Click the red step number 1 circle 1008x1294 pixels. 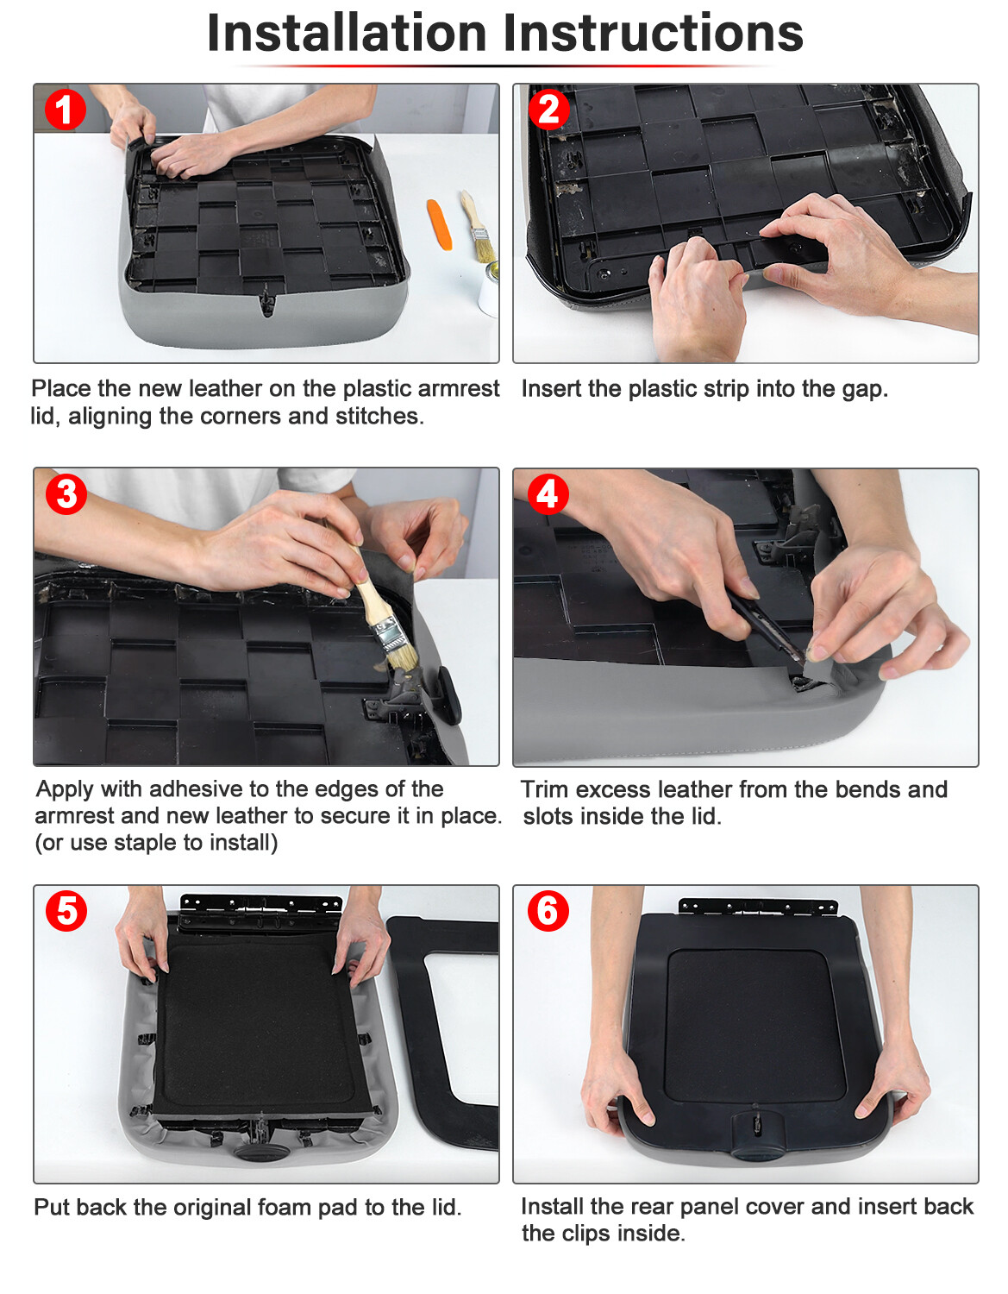click(x=65, y=110)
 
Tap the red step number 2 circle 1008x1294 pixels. click(x=548, y=110)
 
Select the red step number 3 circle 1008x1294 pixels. click(x=66, y=494)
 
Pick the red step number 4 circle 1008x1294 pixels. click(x=548, y=494)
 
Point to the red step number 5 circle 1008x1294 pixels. click(x=66, y=911)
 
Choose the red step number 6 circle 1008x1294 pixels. click(x=548, y=911)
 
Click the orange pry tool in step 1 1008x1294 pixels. click(x=439, y=224)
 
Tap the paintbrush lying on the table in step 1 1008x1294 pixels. click(x=477, y=227)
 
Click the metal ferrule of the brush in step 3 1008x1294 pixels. click(x=389, y=633)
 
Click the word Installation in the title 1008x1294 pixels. click(x=347, y=34)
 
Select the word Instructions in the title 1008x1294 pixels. click(x=654, y=34)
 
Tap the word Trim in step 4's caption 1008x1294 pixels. click(x=544, y=789)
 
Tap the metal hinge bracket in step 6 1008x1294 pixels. click(x=758, y=908)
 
